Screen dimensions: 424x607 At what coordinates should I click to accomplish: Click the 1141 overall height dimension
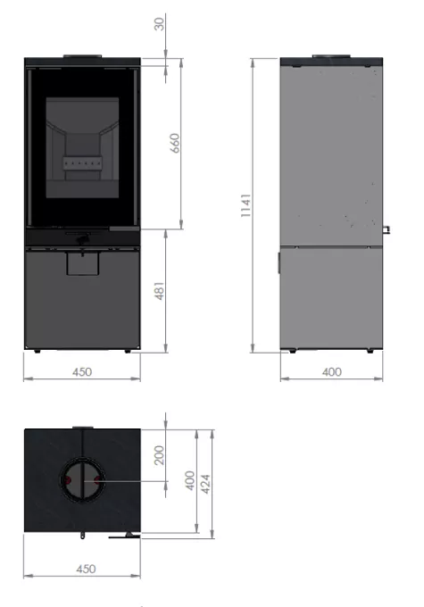pyautogui.click(x=245, y=205)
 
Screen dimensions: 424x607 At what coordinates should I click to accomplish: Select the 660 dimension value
pyautogui.click(x=175, y=143)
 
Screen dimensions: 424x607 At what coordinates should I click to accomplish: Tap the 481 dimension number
pyautogui.click(x=160, y=291)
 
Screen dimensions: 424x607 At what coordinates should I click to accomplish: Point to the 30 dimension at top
pyautogui.click(x=159, y=23)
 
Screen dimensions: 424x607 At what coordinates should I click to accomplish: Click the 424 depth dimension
pyautogui.click(x=205, y=484)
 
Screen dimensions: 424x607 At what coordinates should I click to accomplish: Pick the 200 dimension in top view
pyautogui.click(x=159, y=455)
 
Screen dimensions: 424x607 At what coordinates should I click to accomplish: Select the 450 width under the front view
pyautogui.click(x=82, y=372)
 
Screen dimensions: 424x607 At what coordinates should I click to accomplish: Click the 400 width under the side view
pyautogui.click(x=332, y=372)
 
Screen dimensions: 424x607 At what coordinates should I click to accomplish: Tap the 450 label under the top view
pyautogui.click(x=86, y=570)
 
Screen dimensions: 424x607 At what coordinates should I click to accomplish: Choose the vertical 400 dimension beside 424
pyautogui.click(x=190, y=481)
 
